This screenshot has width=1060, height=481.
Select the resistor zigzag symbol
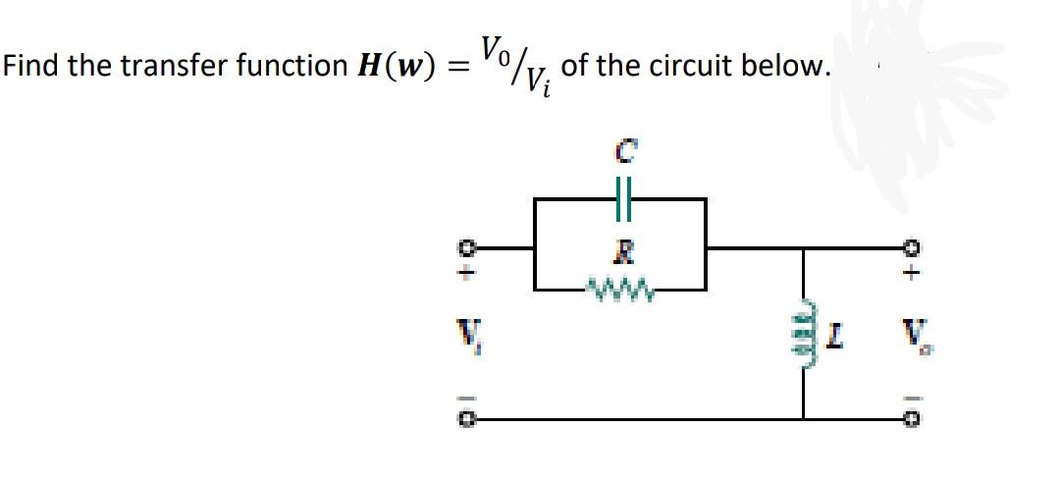(x=619, y=289)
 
